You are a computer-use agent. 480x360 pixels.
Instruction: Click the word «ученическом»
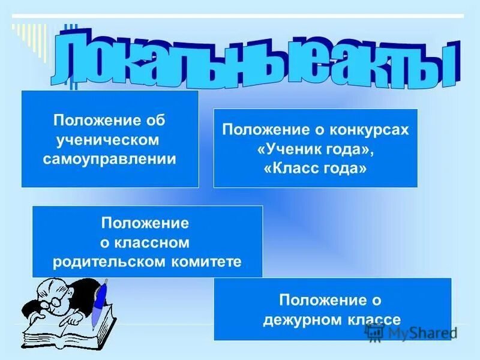[109, 140]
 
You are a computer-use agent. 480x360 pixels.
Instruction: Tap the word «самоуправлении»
[110, 159]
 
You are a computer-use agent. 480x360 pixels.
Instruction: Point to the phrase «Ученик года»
[315, 149]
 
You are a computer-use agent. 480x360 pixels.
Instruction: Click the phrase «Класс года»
[315, 169]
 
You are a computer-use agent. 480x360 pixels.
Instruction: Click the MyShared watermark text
[420, 334]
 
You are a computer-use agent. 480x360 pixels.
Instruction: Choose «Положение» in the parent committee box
[145, 224]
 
